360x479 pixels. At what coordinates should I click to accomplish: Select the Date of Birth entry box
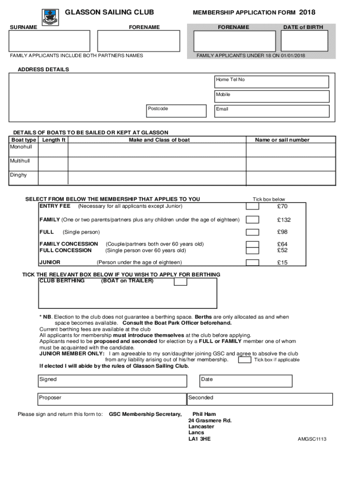304,41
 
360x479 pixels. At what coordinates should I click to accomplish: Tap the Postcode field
176,111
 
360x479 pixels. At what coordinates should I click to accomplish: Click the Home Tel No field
271,82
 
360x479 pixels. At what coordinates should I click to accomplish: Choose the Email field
271,111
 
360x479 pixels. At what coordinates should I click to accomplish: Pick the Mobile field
271,96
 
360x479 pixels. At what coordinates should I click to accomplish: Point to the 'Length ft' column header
54,140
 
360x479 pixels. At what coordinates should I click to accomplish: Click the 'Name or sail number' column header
282,140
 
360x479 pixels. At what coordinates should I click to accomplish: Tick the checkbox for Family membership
252,220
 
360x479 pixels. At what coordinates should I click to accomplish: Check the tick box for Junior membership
252,262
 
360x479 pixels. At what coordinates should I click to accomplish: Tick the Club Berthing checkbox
180,282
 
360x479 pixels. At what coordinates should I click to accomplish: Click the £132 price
283,220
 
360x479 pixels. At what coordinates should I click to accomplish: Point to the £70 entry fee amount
282,206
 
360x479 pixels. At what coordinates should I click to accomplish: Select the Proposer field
112,399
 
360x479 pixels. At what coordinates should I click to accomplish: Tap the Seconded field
259,399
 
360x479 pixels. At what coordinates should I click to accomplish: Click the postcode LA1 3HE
200,439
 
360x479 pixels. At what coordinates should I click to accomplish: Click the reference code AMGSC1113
312,439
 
